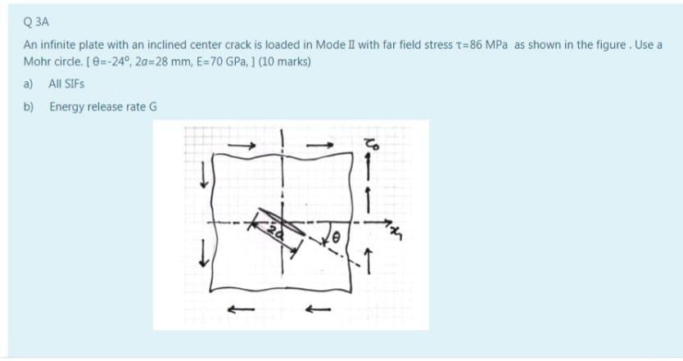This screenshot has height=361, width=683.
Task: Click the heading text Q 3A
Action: (x=36, y=22)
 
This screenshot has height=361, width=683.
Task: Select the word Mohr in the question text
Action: (x=35, y=61)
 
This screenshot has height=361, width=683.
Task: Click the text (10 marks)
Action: (x=285, y=61)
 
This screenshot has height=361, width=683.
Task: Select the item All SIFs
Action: (x=66, y=83)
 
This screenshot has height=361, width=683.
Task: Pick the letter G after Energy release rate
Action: (x=153, y=106)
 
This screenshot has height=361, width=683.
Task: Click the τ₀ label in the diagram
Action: (x=372, y=144)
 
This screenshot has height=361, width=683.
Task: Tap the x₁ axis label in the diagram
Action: (x=396, y=234)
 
